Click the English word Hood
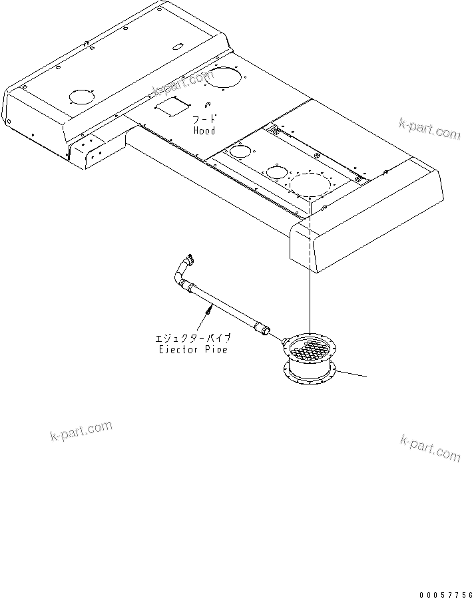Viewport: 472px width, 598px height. point(204,130)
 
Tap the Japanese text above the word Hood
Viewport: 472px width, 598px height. point(203,120)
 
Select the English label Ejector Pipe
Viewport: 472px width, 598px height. point(193,349)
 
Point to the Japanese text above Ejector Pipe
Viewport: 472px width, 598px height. point(193,339)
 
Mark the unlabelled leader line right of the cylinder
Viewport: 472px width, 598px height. point(352,374)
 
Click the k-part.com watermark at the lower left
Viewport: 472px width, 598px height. point(81,430)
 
